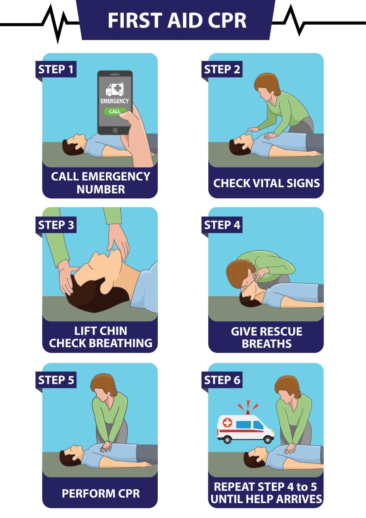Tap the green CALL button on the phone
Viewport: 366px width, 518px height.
(x=115, y=111)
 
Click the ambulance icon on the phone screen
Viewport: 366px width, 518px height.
(x=114, y=89)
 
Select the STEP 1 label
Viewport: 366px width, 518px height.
(x=56, y=69)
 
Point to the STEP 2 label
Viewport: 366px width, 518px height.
(x=222, y=69)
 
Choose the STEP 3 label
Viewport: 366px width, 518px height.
(x=56, y=225)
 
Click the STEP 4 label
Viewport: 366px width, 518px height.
(x=222, y=225)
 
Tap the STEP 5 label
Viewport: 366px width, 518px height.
(x=56, y=380)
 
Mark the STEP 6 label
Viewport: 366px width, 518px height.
(x=222, y=380)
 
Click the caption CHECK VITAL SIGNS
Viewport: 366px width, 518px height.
(x=267, y=183)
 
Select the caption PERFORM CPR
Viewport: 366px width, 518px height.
(x=101, y=493)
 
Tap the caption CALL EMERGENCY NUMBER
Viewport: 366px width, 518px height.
(x=101, y=183)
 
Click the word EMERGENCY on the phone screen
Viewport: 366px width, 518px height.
(x=114, y=101)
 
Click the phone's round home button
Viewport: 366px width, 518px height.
(x=115, y=130)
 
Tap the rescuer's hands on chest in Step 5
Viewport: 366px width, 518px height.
(x=106, y=446)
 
